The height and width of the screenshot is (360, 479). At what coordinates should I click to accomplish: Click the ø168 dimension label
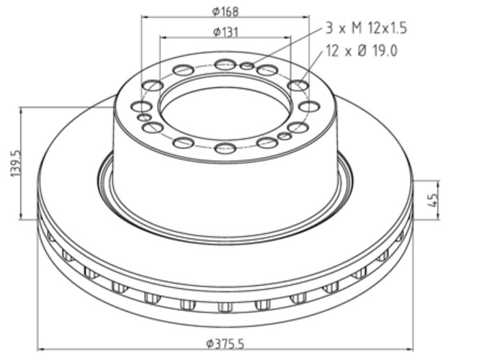coord(225,12)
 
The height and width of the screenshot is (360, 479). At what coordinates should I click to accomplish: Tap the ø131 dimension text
coord(225,32)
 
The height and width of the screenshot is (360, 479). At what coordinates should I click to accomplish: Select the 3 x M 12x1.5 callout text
coord(367,28)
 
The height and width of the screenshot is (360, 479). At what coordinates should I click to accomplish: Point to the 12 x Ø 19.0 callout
coord(362,50)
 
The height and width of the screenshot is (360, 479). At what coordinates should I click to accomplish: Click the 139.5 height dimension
coord(16,163)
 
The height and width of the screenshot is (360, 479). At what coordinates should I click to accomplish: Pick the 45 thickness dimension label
coord(434,200)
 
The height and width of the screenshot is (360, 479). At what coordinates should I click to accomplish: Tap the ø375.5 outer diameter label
coord(225,344)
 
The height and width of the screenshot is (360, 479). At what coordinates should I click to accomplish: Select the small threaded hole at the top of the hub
coord(247,66)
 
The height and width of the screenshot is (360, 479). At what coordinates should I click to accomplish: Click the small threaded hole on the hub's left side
coord(144,117)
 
